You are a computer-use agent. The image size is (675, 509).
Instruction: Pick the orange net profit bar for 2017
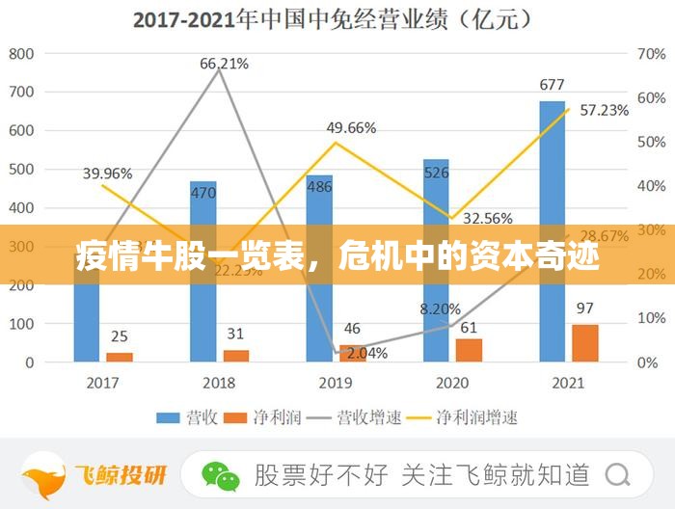coord(120,357)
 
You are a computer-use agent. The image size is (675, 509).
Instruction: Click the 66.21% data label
coord(224,64)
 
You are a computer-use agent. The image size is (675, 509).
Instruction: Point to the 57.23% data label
coord(603,110)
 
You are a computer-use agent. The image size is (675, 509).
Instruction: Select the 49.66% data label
coord(351,127)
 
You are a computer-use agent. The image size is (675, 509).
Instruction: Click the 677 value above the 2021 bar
coord(552,85)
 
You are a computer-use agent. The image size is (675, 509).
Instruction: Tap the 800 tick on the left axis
coord(21,53)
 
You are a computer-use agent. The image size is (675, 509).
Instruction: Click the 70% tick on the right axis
coord(652,53)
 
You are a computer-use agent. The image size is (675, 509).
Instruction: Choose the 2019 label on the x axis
coord(336,383)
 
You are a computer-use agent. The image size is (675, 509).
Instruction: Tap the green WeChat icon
coord(221,474)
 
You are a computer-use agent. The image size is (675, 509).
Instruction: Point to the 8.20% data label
coord(440,309)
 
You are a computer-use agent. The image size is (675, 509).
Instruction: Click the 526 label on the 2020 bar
coord(437,173)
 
